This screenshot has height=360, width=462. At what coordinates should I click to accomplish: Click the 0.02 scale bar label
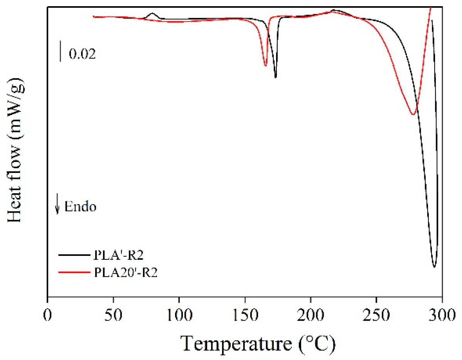click(82, 54)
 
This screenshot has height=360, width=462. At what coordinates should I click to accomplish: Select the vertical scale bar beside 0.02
click(61, 52)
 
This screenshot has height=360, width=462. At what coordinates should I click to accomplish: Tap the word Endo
click(80, 207)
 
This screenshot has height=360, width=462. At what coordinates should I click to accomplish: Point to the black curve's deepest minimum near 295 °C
click(434, 267)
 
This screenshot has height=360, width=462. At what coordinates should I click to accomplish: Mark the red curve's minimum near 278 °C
click(413, 115)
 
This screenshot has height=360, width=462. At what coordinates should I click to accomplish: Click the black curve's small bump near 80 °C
click(152, 14)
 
